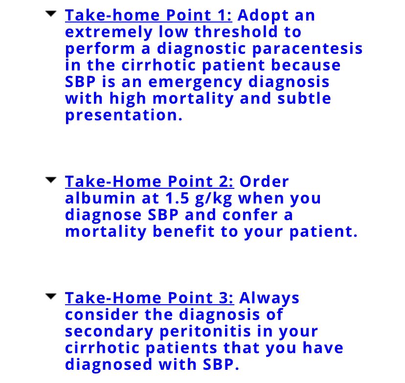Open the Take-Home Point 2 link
click(x=150, y=181)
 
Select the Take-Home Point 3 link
click(x=150, y=298)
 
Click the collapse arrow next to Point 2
click(x=50, y=180)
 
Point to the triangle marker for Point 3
click(x=50, y=296)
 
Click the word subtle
click(x=304, y=98)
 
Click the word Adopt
click(x=263, y=15)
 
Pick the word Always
click(x=270, y=298)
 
